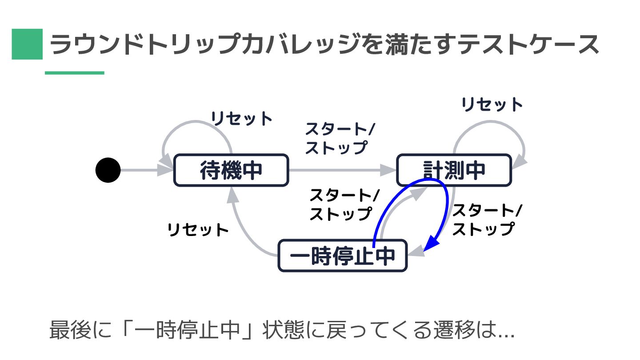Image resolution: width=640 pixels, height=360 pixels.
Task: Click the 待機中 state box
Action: click(x=231, y=170)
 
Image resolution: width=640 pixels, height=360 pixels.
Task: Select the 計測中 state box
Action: click(x=453, y=170)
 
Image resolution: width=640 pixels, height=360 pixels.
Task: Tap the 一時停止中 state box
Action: click(x=342, y=256)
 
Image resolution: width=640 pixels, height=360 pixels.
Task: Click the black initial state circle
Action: click(x=108, y=170)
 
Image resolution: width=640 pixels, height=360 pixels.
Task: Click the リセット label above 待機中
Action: click(x=241, y=119)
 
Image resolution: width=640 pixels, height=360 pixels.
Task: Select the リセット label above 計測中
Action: click(x=492, y=105)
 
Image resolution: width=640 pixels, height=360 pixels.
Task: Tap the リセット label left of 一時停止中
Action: click(x=198, y=230)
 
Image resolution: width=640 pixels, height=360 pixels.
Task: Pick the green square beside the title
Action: click(x=27, y=44)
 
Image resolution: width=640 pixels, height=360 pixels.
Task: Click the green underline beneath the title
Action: click(x=74, y=73)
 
